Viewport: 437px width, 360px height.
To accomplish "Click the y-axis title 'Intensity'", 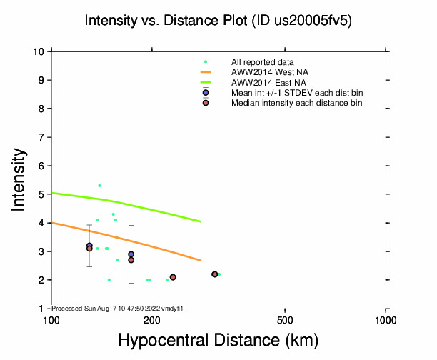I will pyautogui.click(x=21, y=179).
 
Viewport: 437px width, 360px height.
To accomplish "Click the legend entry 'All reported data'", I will pyautogui.click(x=263, y=62).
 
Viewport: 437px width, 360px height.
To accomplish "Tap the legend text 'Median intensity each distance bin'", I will pyautogui.click(x=296, y=103).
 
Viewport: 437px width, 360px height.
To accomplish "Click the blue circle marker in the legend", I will pyautogui.click(x=206, y=93).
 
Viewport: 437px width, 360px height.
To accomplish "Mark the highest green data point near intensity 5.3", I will pyautogui.click(x=99, y=186).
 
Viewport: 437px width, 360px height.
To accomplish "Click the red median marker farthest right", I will pyautogui.click(x=214, y=274).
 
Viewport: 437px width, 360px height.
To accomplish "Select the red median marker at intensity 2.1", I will pyautogui.click(x=173, y=277).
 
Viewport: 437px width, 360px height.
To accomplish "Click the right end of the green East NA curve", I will pyautogui.click(x=201, y=221).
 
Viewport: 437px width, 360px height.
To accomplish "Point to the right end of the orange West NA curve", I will pyautogui.click(x=201, y=260).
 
